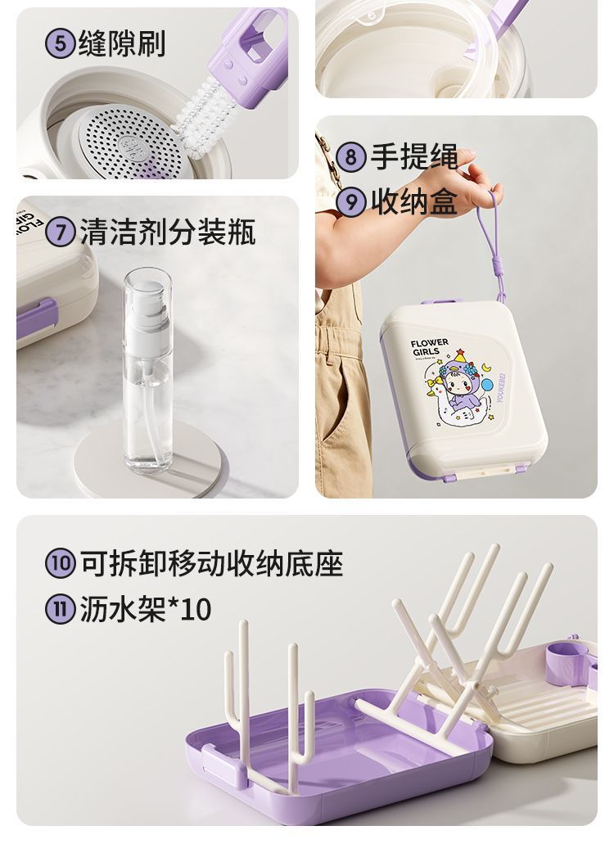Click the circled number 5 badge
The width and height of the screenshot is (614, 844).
59,43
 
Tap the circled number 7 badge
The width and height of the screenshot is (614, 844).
61,232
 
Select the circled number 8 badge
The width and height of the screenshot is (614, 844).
351,157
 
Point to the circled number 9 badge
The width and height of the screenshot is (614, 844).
351,202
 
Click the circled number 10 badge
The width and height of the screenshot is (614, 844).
61,563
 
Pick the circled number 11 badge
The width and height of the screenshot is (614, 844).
61,609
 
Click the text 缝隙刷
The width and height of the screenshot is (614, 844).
122,43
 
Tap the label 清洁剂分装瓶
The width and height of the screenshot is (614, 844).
168,232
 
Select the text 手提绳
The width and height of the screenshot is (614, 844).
414,157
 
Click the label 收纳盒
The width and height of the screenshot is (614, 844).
414,202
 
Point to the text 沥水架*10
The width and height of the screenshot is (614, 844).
146,609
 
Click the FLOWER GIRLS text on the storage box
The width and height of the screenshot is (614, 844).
429,347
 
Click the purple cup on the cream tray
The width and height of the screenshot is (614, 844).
566,664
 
